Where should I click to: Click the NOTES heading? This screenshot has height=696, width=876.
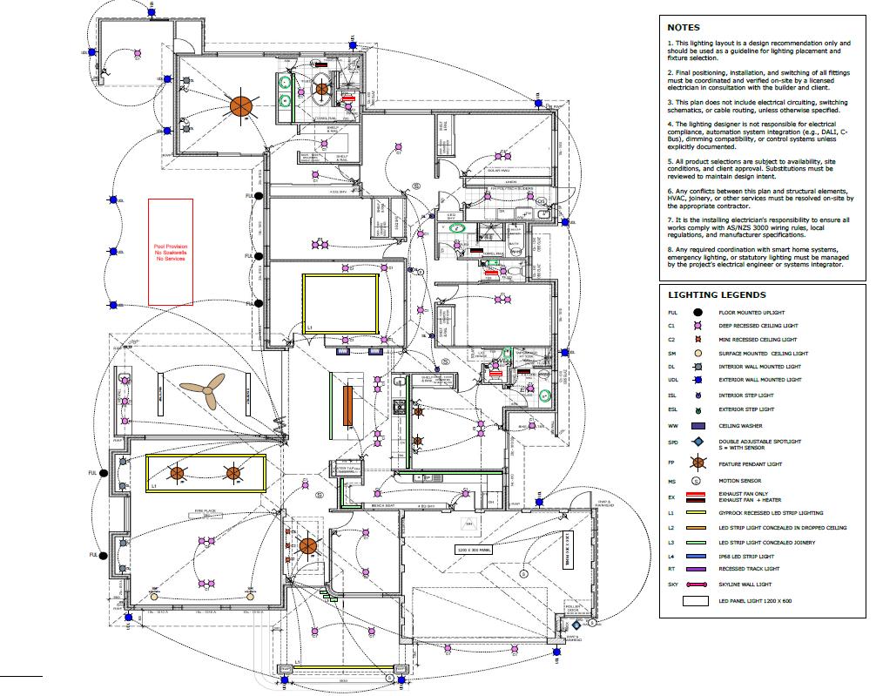(x=684, y=27)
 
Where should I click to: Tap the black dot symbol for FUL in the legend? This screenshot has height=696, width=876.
(x=697, y=312)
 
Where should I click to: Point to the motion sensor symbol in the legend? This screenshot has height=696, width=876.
(x=697, y=479)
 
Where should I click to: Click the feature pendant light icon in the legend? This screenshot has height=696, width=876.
(x=697, y=463)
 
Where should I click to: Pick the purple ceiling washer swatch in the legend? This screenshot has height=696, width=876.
(x=697, y=426)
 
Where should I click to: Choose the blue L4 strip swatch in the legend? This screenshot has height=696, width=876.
(x=697, y=556)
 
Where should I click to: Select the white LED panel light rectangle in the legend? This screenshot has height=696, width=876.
(x=697, y=601)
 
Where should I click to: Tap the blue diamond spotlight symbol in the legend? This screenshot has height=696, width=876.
(x=697, y=443)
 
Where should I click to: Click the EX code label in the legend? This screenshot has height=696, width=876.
(x=671, y=498)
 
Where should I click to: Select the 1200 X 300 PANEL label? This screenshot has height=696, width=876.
(x=475, y=550)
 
